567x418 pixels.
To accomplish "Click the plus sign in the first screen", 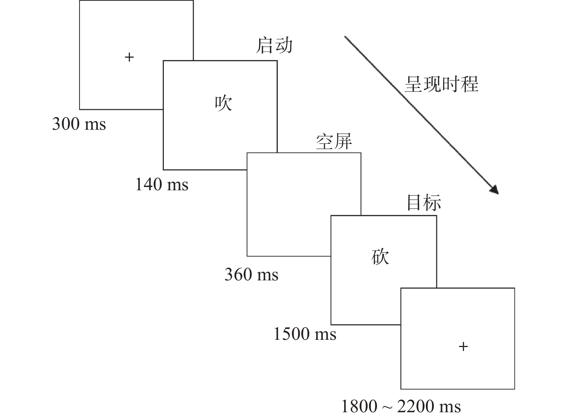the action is click(x=129, y=57).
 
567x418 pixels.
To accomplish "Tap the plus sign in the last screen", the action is click(x=463, y=347).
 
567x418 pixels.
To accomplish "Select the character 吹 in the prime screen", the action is click(x=223, y=103).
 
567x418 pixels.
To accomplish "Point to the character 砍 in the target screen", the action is click(x=380, y=257).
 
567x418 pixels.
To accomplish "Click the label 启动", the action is click(x=274, y=46).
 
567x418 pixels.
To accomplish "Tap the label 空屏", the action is click(x=334, y=142).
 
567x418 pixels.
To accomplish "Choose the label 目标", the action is click(x=424, y=203).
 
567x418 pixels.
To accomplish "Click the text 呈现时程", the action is click(x=441, y=84).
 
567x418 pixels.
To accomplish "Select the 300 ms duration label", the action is click(x=79, y=124).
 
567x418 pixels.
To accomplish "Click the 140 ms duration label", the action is click(x=162, y=184).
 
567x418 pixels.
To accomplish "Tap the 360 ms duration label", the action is click(x=252, y=275).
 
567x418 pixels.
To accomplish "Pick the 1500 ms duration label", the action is click(x=305, y=334).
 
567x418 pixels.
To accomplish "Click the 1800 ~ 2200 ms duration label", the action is click(x=401, y=406).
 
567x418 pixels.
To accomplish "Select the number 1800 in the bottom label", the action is click(x=359, y=406).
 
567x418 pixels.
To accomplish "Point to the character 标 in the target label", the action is click(x=433, y=203).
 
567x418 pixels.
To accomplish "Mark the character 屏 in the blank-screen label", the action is click(x=343, y=142).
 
